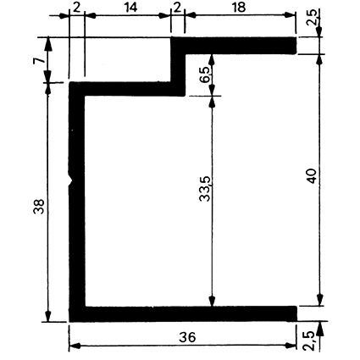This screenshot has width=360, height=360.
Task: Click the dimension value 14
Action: click(131, 8)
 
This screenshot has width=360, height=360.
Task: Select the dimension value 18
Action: click(239, 8)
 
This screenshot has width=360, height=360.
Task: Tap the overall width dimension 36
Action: click(187, 337)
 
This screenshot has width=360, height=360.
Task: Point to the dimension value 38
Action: click(39, 207)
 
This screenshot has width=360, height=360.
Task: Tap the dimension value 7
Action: click(39, 60)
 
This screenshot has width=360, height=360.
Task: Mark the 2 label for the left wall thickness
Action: click(76, 8)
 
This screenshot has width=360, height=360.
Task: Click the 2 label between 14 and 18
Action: click(177, 8)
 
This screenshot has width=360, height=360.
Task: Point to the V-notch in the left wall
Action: click(71, 179)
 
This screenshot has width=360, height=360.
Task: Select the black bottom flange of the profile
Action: click(183, 313)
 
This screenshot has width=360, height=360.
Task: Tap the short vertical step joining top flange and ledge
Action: click(178, 67)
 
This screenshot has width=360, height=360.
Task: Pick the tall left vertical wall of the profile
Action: click(77, 202)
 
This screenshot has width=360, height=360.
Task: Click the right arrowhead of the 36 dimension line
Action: click(291, 346)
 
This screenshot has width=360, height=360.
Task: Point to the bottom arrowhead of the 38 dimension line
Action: click(48, 315)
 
